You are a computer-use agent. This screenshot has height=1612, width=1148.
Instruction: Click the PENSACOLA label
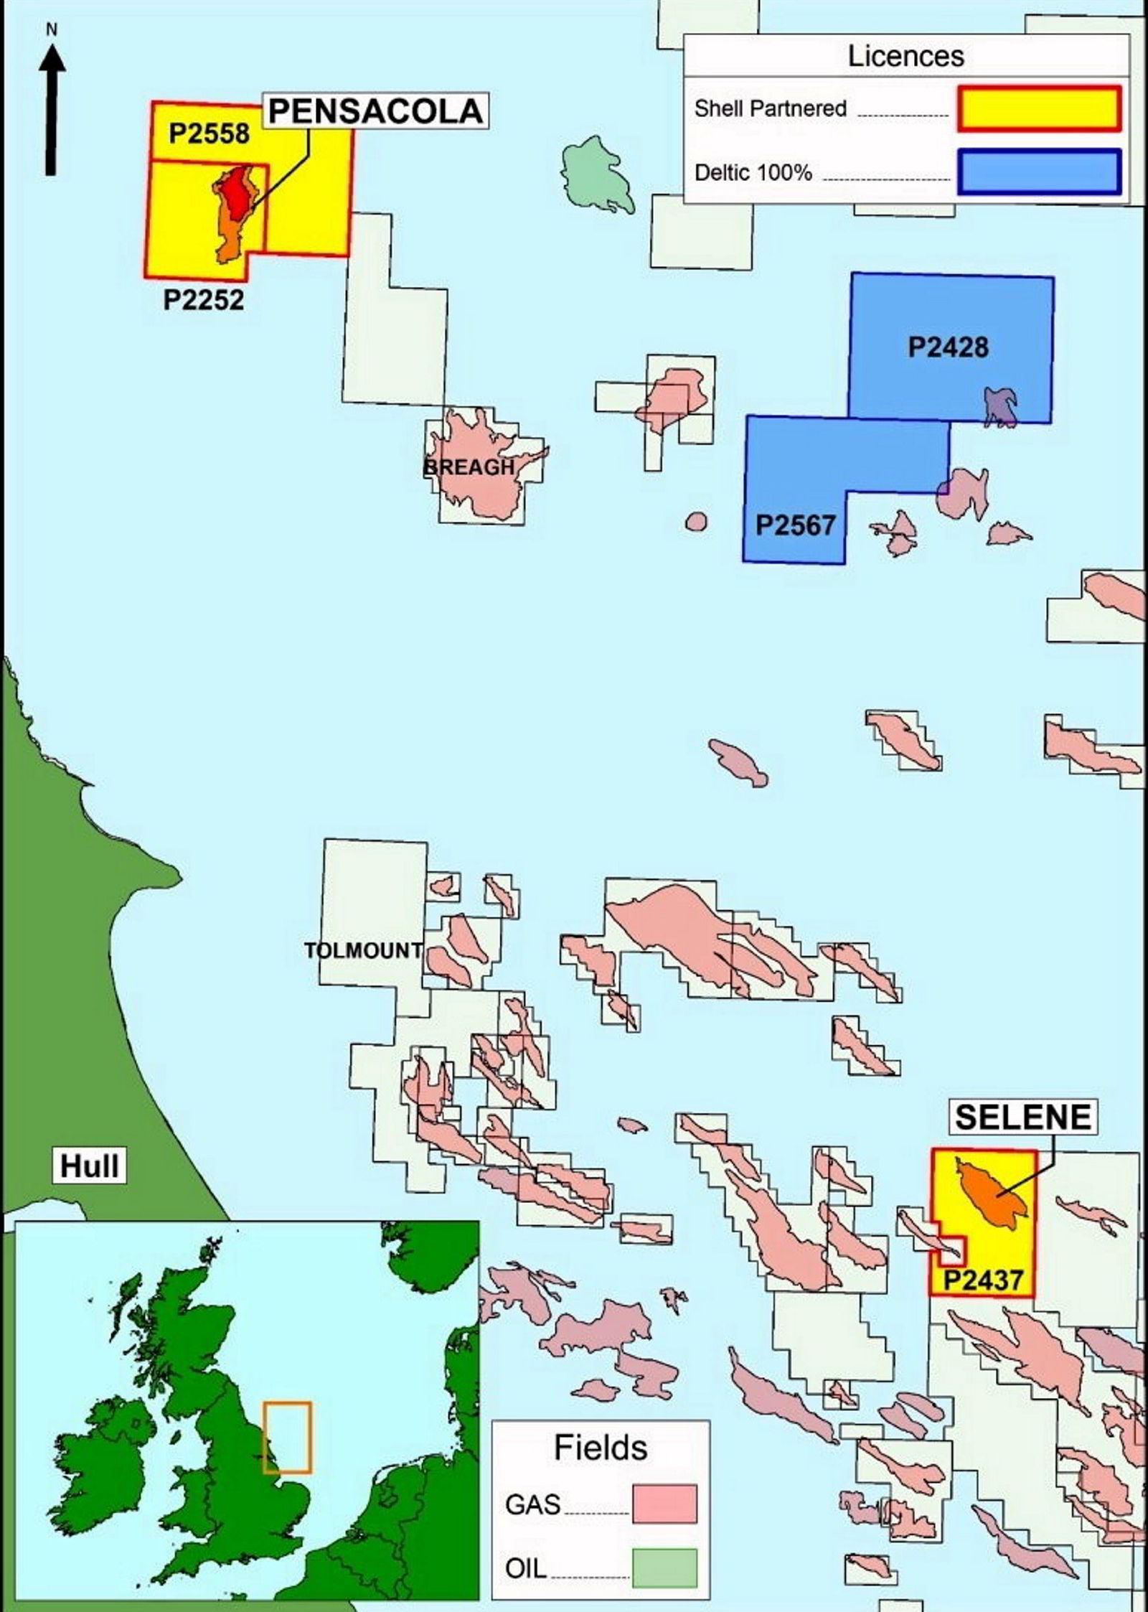375,111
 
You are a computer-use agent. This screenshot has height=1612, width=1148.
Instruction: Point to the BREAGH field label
469,467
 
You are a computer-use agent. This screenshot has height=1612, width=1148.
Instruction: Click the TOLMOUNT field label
364,950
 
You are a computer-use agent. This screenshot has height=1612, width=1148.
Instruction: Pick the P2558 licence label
210,133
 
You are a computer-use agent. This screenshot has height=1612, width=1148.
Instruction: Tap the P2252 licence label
204,299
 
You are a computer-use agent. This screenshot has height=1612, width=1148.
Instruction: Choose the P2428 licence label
948,347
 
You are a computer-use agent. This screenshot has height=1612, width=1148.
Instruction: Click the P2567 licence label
795,525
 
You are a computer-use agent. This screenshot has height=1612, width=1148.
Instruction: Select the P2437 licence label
982,1280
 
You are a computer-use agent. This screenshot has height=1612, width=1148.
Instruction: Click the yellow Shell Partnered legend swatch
1038,109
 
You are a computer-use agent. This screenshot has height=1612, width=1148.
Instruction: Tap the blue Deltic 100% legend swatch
1038,172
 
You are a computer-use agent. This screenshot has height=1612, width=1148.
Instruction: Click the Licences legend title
905,56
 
